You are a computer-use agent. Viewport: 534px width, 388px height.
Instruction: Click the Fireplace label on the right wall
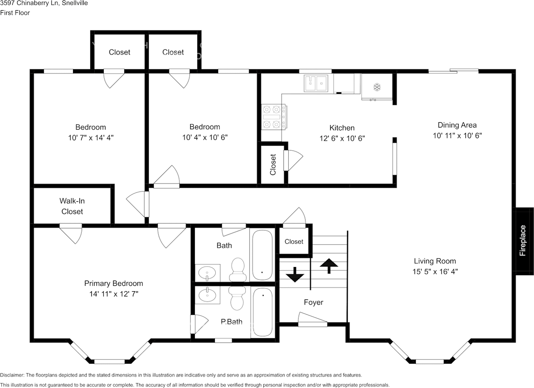(x=523, y=241)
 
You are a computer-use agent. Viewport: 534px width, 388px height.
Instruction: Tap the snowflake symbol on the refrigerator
(x=377, y=87)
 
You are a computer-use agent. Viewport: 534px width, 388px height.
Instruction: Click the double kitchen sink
(x=316, y=83)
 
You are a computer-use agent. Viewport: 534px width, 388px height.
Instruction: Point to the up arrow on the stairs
(x=330, y=266)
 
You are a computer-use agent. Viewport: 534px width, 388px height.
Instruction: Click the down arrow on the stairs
(x=295, y=274)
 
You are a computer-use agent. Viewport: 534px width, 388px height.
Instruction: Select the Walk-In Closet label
(x=72, y=206)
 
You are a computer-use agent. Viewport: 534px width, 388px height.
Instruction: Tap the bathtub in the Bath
(x=262, y=254)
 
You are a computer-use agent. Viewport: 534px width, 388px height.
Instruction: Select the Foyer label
(x=313, y=302)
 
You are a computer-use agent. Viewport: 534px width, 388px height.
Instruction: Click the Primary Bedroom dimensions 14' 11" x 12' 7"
(x=113, y=294)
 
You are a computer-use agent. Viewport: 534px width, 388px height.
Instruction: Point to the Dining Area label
(x=457, y=125)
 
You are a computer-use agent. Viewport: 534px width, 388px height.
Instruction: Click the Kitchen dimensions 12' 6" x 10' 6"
(x=342, y=139)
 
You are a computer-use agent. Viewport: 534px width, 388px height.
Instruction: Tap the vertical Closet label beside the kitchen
(x=273, y=164)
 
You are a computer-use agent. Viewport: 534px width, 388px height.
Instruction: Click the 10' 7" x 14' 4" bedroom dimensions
(x=91, y=138)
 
